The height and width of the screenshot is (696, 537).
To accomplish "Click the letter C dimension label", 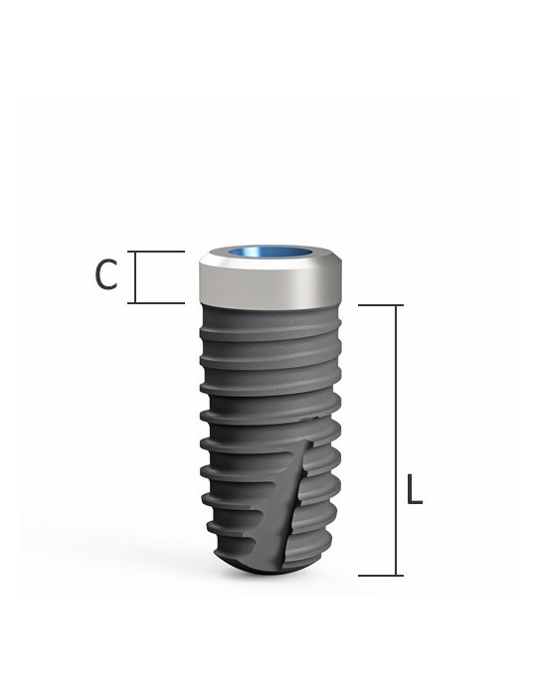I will (x=106, y=274).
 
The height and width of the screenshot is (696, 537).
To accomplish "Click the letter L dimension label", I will (x=415, y=490).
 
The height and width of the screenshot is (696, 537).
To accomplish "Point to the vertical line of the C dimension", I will (x=133, y=277).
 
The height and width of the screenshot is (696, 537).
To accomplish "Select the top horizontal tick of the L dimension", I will (x=380, y=305).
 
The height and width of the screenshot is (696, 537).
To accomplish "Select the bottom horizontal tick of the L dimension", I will (x=380, y=575).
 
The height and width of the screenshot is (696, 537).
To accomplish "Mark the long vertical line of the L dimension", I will (x=398, y=437).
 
